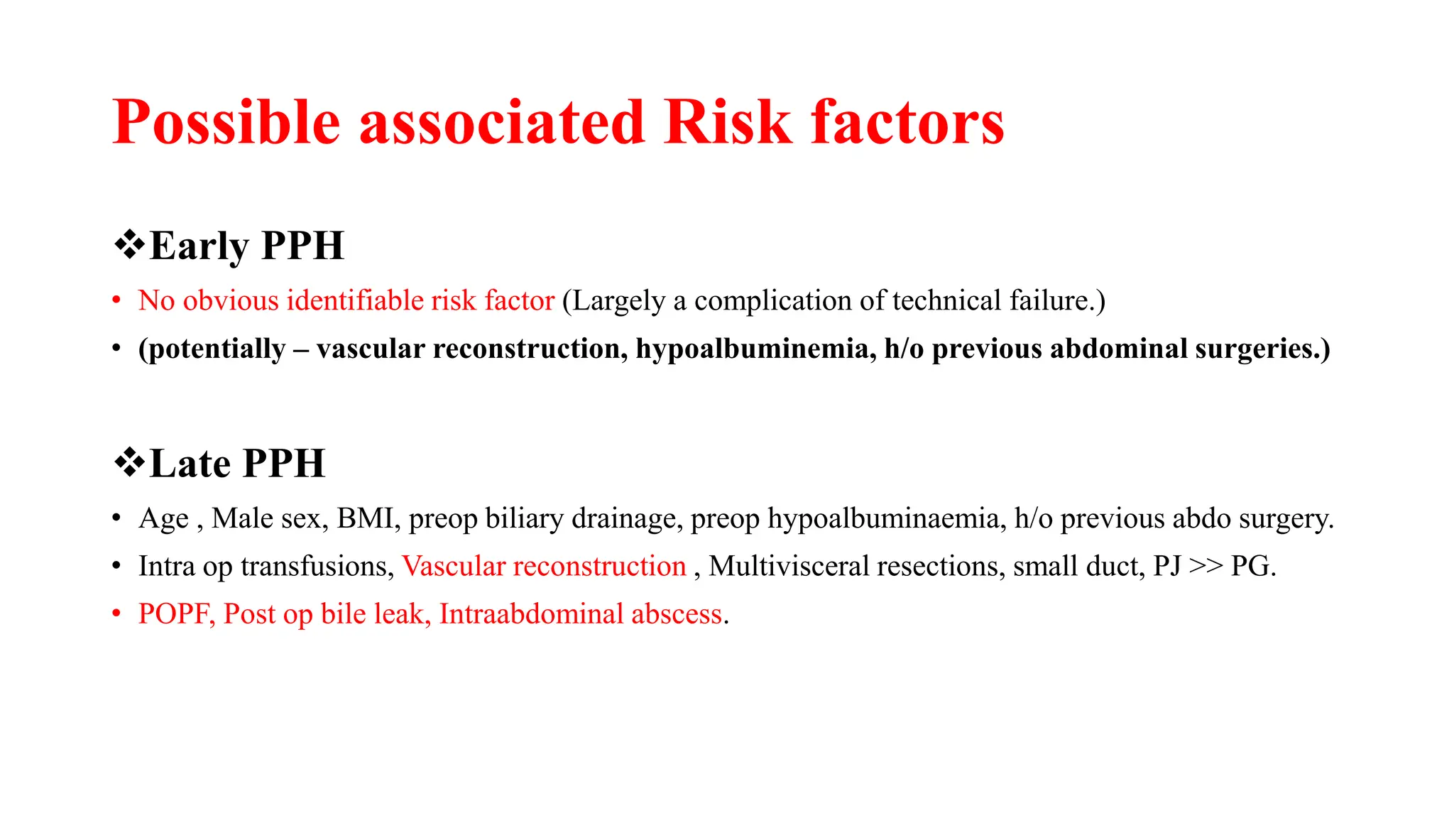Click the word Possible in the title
click(226, 123)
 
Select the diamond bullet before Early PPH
click(129, 246)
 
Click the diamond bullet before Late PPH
click(129, 464)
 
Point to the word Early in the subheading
click(198, 246)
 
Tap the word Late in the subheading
click(190, 464)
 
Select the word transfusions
click(317, 566)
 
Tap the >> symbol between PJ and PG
click(1206, 566)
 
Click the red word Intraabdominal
click(531, 614)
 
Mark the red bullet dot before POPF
click(116, 614)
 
